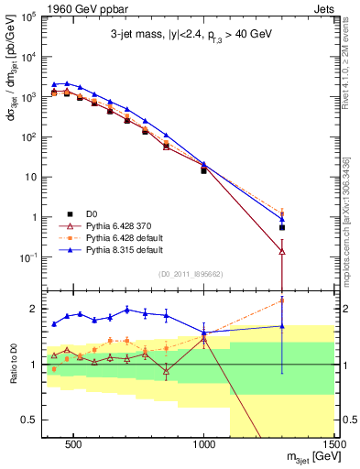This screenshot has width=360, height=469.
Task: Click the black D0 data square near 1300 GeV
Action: [x=282, y=227]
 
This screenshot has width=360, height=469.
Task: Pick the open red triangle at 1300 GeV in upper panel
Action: [x=282, y=252]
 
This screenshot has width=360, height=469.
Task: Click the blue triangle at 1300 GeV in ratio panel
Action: [x=282, y=326]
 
